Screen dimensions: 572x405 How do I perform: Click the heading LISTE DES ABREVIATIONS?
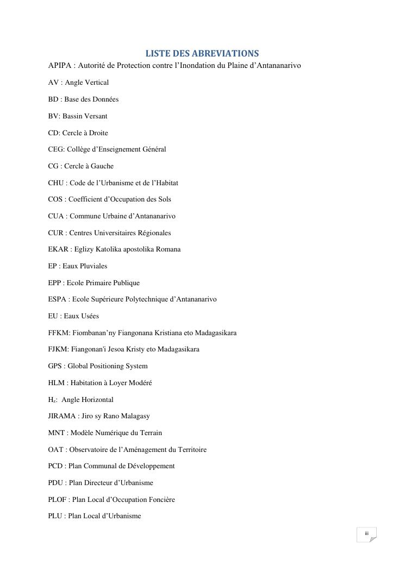202,53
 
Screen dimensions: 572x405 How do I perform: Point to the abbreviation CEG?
56,149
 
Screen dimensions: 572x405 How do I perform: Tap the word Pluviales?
93,266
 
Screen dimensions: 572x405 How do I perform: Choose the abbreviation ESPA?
58,299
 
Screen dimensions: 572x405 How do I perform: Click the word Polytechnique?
145,299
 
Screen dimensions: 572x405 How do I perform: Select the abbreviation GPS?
55,366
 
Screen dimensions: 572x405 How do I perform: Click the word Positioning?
107,366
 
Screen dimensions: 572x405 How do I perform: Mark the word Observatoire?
95,450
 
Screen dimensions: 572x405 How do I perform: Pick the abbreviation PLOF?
57,500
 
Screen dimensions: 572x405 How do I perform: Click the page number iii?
366,533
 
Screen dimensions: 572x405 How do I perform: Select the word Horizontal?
97,400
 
